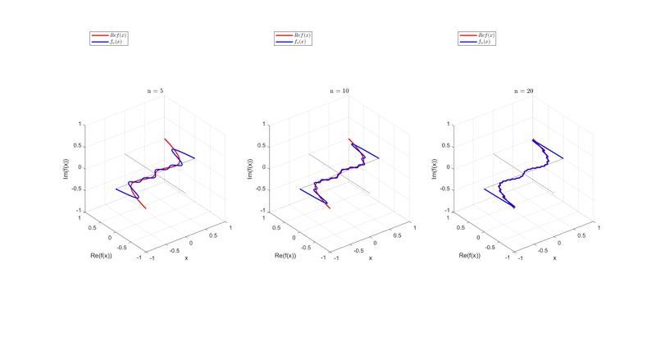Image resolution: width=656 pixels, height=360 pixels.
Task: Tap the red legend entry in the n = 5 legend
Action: pos(114,35)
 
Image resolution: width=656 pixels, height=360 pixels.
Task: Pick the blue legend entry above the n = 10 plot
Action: pos(298,42)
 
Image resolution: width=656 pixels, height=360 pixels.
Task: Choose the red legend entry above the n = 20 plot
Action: pos(483,35)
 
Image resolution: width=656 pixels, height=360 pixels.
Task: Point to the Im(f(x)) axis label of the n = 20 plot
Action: pos(436,166)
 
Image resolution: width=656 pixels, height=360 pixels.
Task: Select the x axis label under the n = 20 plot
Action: pos(554,258)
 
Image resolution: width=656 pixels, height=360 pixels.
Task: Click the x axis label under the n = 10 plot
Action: pos(370,258)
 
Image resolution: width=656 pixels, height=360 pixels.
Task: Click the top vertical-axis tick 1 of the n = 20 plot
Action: pos(449,125)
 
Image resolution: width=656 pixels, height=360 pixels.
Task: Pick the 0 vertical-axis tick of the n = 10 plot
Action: pos(264,167)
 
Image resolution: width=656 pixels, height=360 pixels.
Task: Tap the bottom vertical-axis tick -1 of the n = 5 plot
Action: pos(80,210)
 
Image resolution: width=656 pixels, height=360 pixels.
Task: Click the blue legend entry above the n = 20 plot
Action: pos(483,42)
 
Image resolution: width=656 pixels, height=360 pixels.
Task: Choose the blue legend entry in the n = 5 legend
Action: pos(114,42)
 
